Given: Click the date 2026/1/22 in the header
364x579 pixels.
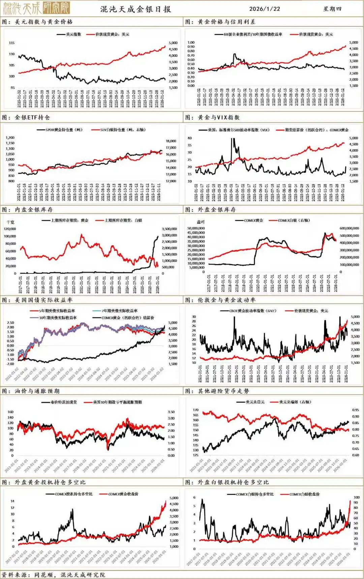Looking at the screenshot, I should pos(265,9).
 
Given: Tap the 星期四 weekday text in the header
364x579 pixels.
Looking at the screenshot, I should pos(332,9).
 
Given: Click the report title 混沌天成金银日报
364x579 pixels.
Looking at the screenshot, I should pos(135,9).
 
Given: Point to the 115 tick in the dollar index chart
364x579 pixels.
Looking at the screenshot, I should pos(12,43).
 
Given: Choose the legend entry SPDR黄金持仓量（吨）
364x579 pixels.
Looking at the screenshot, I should pos(64,130).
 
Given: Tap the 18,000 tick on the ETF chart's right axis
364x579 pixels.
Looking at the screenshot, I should pos(171,141).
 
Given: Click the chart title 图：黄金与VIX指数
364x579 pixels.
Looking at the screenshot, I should pos(212,118).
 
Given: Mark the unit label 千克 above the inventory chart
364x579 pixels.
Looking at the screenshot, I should pos(10,222).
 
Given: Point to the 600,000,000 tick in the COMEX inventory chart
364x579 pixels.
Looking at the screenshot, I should pos(349,228).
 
